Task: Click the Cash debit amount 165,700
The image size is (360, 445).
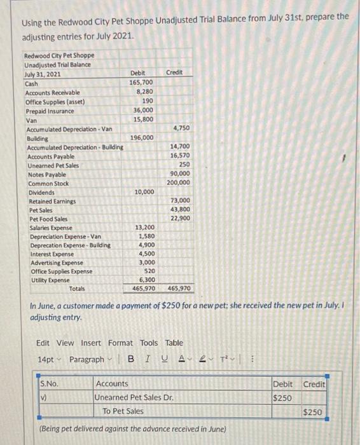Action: click(x=141, y=83)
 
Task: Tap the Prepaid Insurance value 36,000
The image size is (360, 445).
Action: click(x=142, y=110)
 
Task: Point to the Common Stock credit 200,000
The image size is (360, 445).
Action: click(x=177, y=183)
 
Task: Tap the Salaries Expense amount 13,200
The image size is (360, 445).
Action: click(x=144, y=228)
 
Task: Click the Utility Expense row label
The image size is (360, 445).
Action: click(x=52, y=280)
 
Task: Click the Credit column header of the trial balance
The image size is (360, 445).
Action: click(x=174, y=73)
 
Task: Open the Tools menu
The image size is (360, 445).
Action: click(x=149, y=343)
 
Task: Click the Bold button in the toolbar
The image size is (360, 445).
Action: click(x=130, y=359)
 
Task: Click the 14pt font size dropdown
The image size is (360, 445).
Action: click(x=49, y=359)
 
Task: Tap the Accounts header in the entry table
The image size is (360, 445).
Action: click(x=111, y=384)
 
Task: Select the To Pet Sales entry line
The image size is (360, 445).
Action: click(x=123, y=411)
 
